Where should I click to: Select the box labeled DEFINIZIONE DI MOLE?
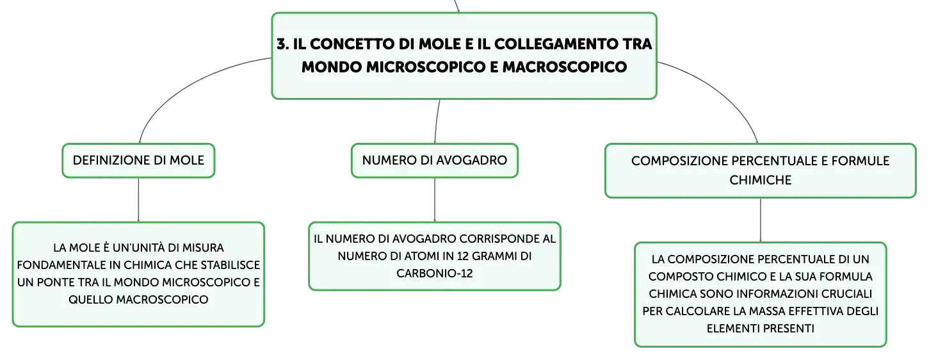pyautogui.click(x=138, y=161)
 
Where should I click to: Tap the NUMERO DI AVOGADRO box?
pyautogui.click(x=435, y=161)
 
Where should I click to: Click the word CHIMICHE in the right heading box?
pyautogui.click(x=760, y=180)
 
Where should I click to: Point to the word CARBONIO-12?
pyautogui.click(x=435, y=274)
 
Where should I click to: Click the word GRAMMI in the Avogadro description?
pyautogui.click(x=491, y=256)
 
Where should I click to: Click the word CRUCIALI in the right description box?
pyautogui.click(x=847, y=294)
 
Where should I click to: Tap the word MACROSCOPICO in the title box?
pyautogui.click(x=565, y=67)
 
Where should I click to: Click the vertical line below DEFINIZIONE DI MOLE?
pyautogui.click(x=138, y=200)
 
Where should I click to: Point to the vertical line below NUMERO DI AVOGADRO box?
pyautogui.click(x=435, y=200)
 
